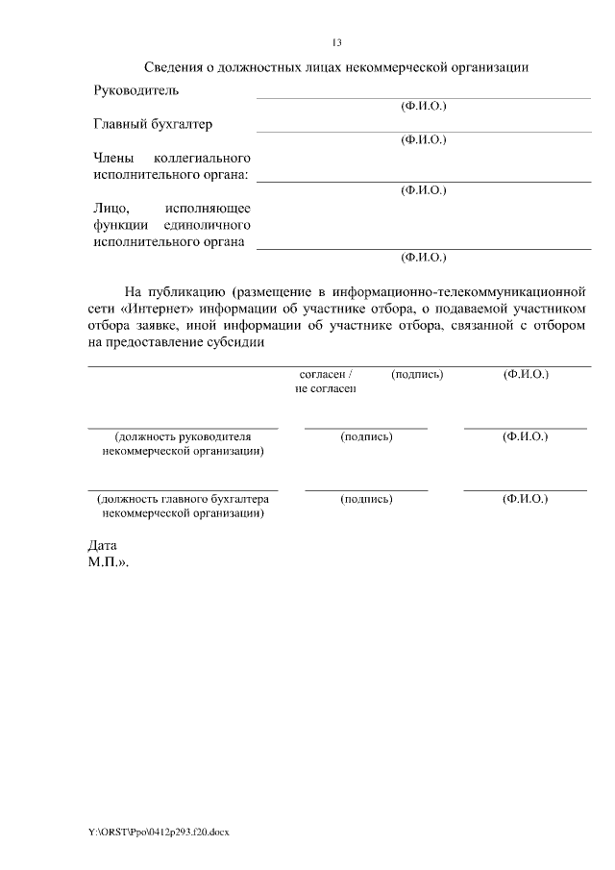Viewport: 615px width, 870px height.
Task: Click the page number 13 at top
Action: pyautogui.click(x=336, y=42)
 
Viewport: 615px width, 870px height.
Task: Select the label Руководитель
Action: pyautogui.click(x=135, y=90)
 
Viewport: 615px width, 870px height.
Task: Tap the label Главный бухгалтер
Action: pyautogui.click(x=153, y=124)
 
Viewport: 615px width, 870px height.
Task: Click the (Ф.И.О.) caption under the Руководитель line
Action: pyautogui.click(x=423, y=106)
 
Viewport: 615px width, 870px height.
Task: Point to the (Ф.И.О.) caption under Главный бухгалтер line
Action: pyautogui.click(x=423, y=139)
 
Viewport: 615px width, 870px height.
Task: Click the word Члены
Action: pyautogui.click(x=113, y=158)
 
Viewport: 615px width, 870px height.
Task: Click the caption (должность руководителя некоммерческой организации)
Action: pyautogui.click(x=183, y=443)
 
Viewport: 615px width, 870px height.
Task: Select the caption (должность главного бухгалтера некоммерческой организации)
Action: pyautogui.click(x=183, y=506)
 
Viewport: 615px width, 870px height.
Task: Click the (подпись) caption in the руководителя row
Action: pyautogui.click(x=366, y=436)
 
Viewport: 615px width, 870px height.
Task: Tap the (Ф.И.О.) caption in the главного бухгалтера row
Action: pyautogui.click(x=525, y=499)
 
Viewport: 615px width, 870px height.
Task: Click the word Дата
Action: pyautogui.click(x=102, y=544)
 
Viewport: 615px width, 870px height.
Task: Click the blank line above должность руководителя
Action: pyautogui.click(x=183, y=427)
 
